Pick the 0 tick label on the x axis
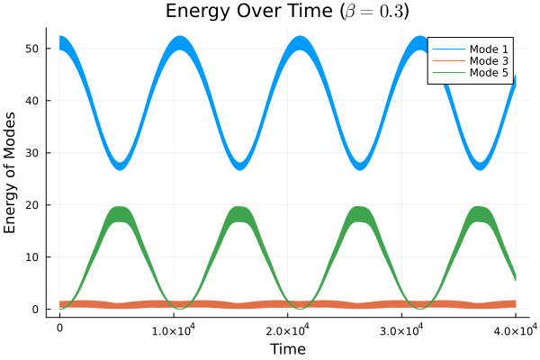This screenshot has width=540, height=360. click(59, 328)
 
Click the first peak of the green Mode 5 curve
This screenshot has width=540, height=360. click(121, 214)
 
